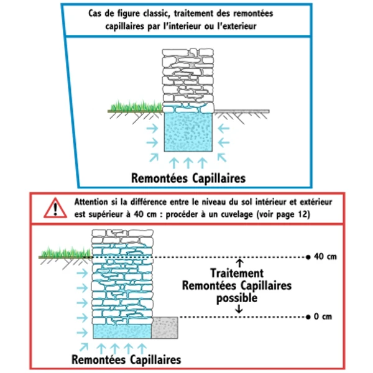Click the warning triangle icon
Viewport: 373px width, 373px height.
(x=55, y=208)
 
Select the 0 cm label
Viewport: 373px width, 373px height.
(x=323, y=316)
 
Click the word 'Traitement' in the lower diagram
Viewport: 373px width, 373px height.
(x=236, y=274)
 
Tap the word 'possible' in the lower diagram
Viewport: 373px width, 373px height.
(x=236, y=298)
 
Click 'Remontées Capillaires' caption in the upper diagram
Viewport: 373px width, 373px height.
(x=188, y=178)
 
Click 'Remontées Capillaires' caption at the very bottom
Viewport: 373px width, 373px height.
(x=126, y=359)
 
